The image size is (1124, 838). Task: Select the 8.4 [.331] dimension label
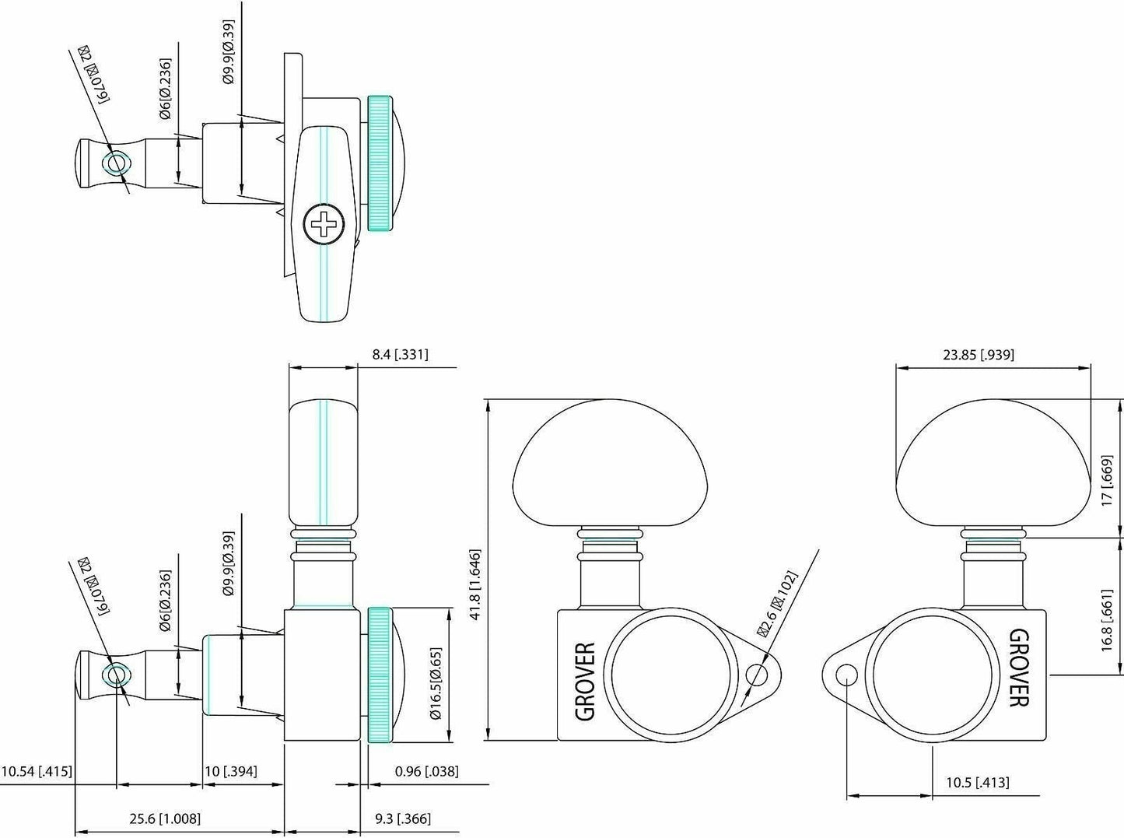(x=400, y=355)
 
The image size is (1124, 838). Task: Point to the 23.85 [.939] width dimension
(x=979, y=355)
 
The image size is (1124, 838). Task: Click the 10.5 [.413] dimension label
(x=978, y=782)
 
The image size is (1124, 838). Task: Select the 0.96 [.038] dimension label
(x=426, y=771)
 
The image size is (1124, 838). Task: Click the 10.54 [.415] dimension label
(x=37, y=771)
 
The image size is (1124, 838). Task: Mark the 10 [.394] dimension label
(x=230, y=771)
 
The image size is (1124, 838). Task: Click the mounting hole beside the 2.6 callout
(x=755, y=675)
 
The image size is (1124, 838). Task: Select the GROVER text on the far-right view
(x=1019, y=668)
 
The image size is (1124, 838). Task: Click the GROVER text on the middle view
(x=584, y=682)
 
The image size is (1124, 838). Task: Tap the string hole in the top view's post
(x=116, y=163)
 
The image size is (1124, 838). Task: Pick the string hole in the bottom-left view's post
(x=116, y=675)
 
